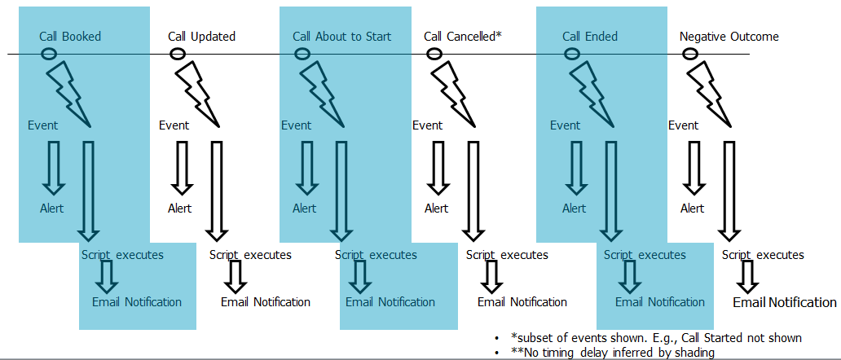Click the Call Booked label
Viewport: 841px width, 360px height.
(x=70, y=37)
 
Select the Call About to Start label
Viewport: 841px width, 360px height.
(x=341, y=37)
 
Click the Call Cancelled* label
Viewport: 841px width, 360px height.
(x=462, y=37)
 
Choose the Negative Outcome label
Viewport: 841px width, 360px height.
(x=729, y=37)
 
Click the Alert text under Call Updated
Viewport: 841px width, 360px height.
(x=179, y=208)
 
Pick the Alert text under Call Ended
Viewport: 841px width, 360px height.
(x=575, y=208)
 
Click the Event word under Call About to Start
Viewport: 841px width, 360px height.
(x=296, y=125)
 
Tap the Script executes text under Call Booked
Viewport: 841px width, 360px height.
(x=122, y=254)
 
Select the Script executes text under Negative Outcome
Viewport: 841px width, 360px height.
(x=763, y=255)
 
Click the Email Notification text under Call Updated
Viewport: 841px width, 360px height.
(x=266, y=302)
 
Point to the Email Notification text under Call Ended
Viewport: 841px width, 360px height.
(x=660, y=302)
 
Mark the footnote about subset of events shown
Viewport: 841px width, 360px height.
(x=657, y=337)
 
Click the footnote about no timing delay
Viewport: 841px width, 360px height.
(x=613, y=353)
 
